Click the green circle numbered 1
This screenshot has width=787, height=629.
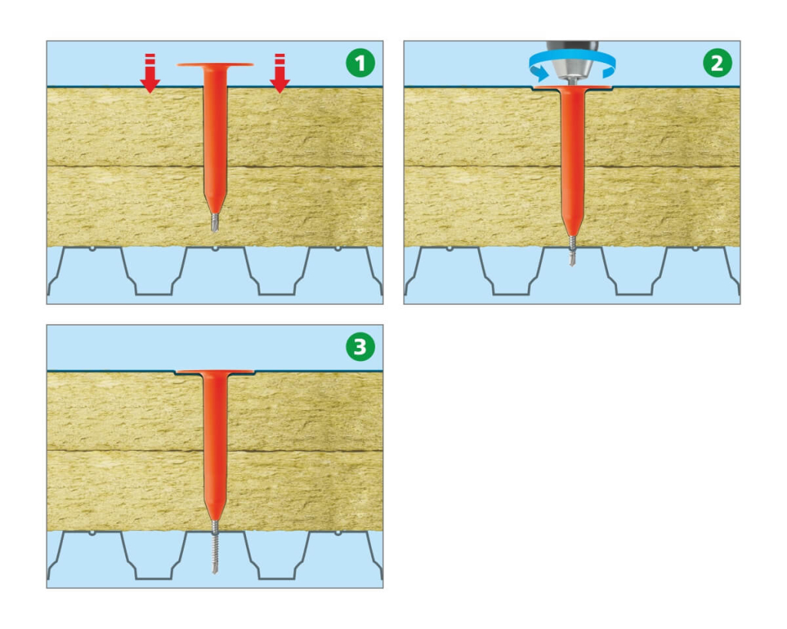(360, 63)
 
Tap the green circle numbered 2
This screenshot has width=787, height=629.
(717, 63)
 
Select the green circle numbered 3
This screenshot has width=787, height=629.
(360, 346)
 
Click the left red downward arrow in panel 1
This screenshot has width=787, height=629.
(150, 73)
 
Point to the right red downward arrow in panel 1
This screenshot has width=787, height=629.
(280, 73)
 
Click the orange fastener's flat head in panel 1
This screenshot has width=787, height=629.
(215, 65)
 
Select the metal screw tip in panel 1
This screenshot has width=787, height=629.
(215, 222)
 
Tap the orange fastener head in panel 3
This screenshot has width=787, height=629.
(215, 372)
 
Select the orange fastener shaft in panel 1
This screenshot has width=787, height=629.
(215, 141)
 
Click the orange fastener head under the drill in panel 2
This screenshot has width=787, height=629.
(572, 88)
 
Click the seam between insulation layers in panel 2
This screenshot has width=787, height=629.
(572, 166)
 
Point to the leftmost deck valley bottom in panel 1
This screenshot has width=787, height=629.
(154, 293)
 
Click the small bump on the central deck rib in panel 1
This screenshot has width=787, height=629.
(215, 249)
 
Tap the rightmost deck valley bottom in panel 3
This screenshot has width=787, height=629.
(277, 578)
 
